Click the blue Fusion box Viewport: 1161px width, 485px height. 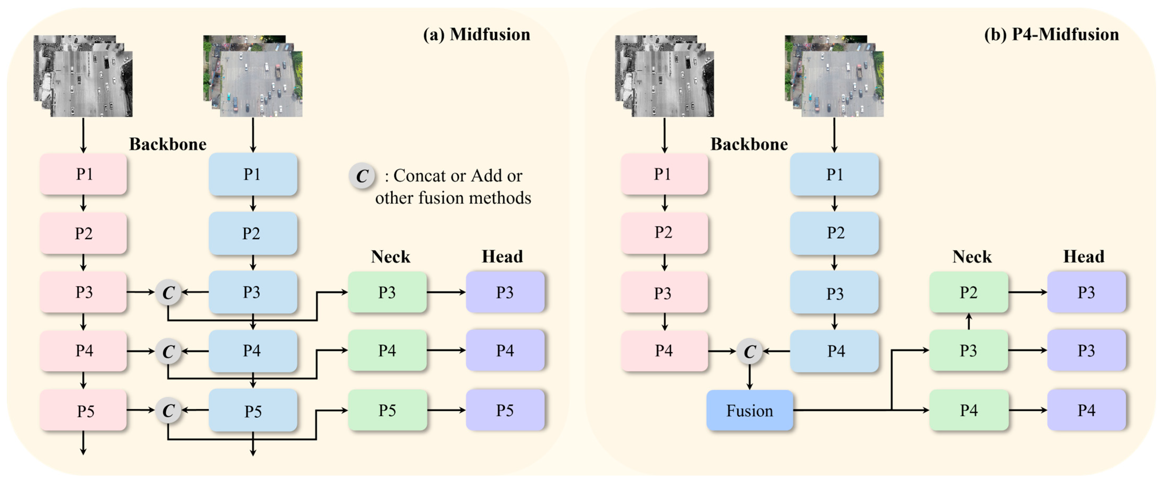coord(749,410)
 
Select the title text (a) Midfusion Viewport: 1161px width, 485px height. coord(476,35)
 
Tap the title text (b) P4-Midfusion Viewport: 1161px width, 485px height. coord(1051,35)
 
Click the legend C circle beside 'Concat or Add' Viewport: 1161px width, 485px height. coord(362,176)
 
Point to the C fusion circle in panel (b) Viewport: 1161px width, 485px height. coord(749,351)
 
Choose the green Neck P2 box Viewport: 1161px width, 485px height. coord(969,292)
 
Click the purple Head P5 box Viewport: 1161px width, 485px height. coord(505,410)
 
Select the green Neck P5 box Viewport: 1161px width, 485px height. coord(387,410)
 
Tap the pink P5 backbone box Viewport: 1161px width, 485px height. coord(83,410)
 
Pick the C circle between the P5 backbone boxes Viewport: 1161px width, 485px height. coord(168,410)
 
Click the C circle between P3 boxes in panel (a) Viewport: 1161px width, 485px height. coord(168,292)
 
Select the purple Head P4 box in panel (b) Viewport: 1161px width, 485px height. coord(1086,410)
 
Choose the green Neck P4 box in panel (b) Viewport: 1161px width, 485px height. coord(969,410)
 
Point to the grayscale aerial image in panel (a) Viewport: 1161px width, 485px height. coord(83,77)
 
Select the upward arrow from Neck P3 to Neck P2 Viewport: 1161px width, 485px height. coord(969,321)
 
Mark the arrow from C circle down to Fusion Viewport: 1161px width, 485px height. coord(749,377)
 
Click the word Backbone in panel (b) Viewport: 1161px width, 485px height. coord(749,144)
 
